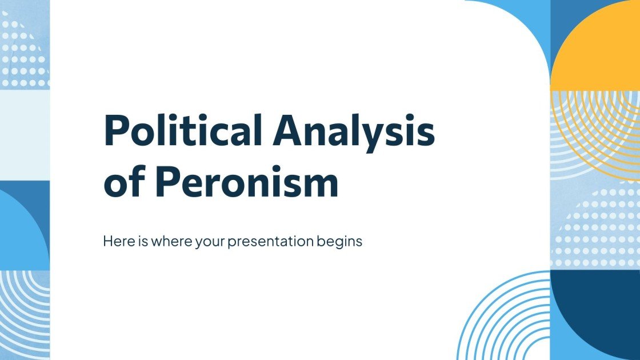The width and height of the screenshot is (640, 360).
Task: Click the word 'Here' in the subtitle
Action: click(116, 241)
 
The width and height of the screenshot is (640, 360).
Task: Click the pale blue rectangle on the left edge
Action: click(25, 134)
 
